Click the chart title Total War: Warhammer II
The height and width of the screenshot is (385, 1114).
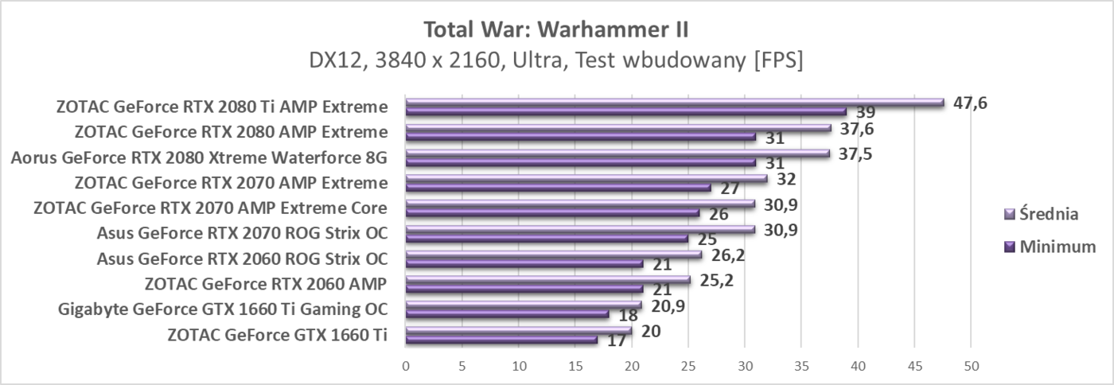[x=556, y=30]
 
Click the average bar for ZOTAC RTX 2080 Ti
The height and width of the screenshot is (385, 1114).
[x=675, y=102]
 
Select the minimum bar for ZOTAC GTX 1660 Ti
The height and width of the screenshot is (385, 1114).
[x=501, y=340]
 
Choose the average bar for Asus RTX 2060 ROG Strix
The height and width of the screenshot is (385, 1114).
[x=554, y=255]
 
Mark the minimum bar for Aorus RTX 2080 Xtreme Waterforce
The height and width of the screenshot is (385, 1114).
[x=581, y=162]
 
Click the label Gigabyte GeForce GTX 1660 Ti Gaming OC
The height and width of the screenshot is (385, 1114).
[x=223, y=309]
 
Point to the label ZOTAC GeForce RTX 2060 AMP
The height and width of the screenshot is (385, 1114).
[x=266, y=284]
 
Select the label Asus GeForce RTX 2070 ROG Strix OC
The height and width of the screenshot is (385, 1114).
[x=242, y=233]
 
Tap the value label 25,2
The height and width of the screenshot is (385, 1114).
[x=716, y=281]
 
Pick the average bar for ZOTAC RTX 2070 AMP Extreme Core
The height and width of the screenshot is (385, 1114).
[x=580, y=204]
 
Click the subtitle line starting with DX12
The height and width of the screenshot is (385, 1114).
[x=556, y=60]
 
